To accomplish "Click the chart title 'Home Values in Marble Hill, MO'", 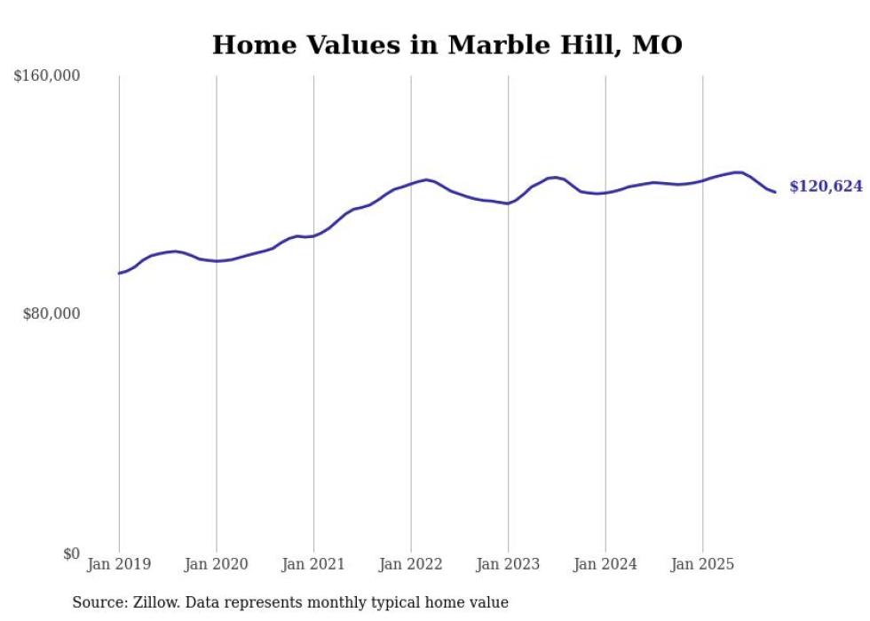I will [x=447, y=45].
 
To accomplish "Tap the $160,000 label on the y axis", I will [x=47, y=76].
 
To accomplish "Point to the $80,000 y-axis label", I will [x=51, y=314].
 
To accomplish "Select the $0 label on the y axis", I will [x=71, y=553].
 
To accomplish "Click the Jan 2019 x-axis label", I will [x=119, y=564].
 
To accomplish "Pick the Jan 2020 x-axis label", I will [x=217, y=564].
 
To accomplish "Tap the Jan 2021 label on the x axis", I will [x=313, y=564].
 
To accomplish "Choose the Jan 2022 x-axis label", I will [x=411, y=564].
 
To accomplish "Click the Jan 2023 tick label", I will [x=508, y=564].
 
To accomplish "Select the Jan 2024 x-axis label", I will [x=605, y=564].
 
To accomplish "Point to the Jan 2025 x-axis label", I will [x=702, y=564].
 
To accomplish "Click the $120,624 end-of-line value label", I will [x=826, y=187].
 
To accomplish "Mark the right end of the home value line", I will [x=775, y=192].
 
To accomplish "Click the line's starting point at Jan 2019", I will [x=119, y=273].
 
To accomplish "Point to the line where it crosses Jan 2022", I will [x=411, y=184].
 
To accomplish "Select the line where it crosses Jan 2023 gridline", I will [x=508, y=203].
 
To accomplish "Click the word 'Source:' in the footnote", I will [x=99, y=602].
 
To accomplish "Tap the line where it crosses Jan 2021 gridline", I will [x=313, y=235].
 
